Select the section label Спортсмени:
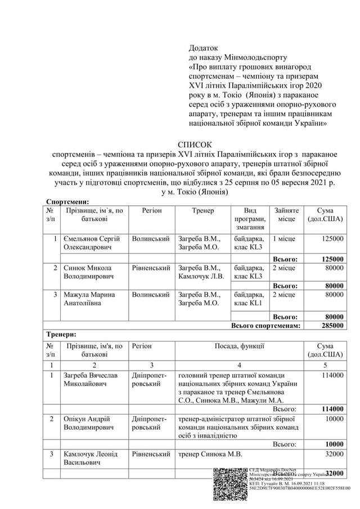pyautogui.click(x=67, y=201)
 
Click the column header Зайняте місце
pyautogui.click(x=285, y=214)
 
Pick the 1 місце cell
pyautogui.click(x=283, y=238)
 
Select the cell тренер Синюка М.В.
pyautogui.click(x=206, y=454)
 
